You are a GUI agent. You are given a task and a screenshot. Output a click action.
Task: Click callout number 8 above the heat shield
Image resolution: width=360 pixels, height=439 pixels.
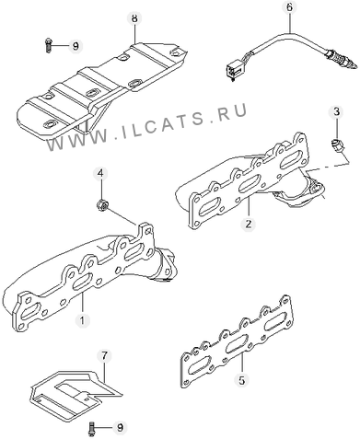[134, 18]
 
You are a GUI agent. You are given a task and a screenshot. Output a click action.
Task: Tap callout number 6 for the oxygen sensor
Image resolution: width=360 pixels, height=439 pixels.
[290, 7]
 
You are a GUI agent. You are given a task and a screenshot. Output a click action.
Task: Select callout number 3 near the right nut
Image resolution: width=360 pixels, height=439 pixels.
[337, 112]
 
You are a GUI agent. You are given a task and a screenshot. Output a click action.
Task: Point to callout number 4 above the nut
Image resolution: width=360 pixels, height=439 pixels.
[100, 174]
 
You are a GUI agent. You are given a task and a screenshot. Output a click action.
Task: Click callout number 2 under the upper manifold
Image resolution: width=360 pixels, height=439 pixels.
[248, 224]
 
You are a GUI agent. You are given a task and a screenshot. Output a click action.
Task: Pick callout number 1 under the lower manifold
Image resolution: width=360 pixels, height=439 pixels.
[82, 320]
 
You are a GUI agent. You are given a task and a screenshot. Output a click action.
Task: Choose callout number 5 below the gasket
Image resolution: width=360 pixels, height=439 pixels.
[242, 381]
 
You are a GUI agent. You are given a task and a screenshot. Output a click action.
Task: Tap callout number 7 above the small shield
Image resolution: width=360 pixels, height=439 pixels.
[104, 356]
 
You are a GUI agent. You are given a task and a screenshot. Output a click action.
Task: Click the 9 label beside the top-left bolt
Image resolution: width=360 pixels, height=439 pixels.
[75, 46]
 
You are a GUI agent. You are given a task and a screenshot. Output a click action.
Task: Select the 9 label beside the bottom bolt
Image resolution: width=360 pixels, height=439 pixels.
[120, 427]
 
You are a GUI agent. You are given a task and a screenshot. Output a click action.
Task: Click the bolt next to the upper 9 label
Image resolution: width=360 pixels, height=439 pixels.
[48, 45]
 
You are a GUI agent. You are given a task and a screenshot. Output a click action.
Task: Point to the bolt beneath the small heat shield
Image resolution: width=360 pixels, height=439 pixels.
[91, 428]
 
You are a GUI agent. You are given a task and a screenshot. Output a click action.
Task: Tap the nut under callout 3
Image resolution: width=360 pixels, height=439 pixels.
[338, 145]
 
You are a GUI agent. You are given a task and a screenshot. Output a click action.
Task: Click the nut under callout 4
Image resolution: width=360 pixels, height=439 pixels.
[101, 205]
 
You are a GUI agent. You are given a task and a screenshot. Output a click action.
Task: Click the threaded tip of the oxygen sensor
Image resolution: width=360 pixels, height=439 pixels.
[351, 63]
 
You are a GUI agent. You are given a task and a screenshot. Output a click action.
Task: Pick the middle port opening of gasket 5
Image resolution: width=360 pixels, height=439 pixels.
[237, 345]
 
